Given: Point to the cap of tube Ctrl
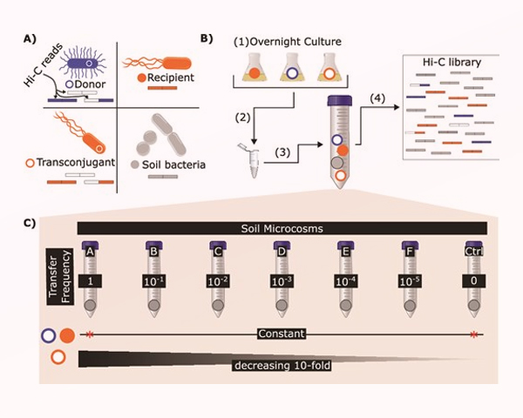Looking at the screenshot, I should click(x=472, y=247).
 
